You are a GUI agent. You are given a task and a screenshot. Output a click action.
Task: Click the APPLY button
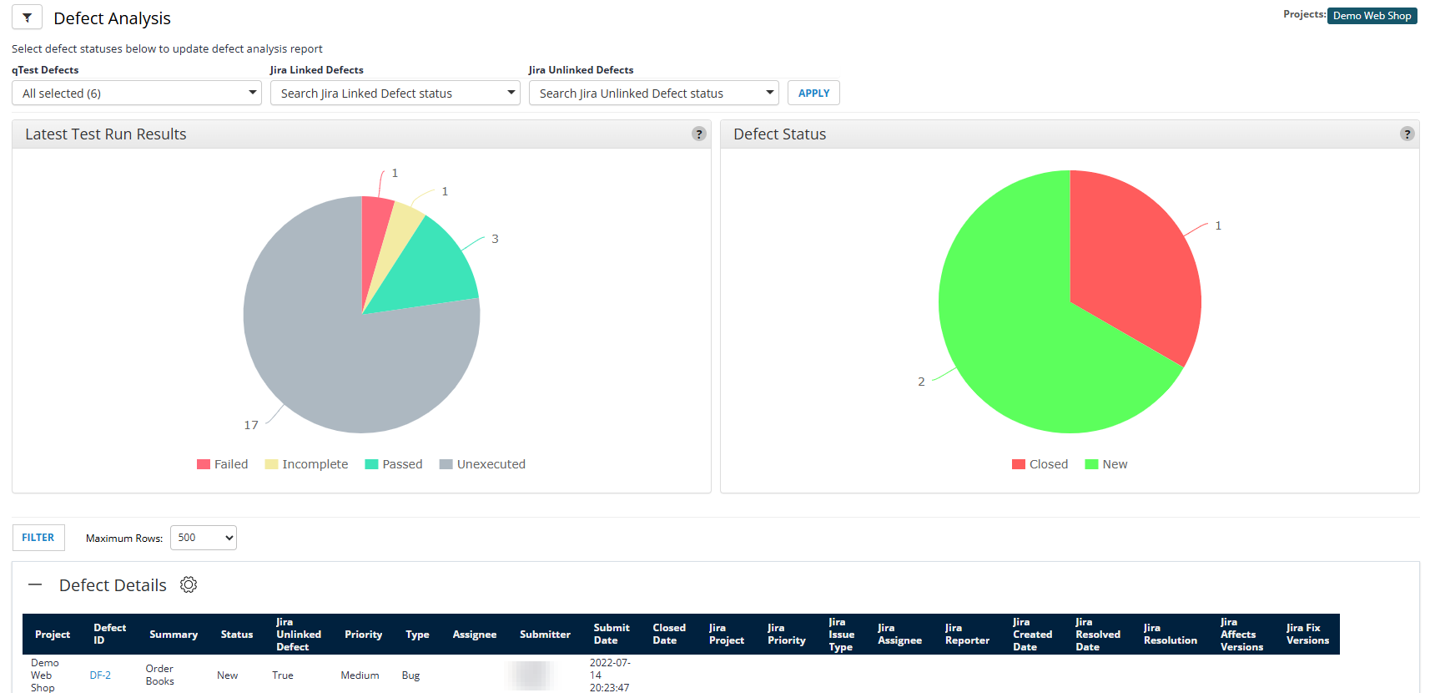tap(813, 93)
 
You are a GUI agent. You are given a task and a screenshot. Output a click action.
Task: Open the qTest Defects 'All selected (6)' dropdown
tap(137, 93)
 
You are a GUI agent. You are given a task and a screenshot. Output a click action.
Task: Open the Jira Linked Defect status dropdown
tap(395, 93)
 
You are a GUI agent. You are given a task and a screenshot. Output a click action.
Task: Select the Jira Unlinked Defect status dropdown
tap(653, 93)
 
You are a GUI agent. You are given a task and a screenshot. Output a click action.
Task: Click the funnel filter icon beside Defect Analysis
tap(27, 18)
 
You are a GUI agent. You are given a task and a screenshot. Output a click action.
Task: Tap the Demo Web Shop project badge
tap(1372, 16)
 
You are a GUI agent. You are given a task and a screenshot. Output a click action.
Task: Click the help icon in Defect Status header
tap(1407, 134)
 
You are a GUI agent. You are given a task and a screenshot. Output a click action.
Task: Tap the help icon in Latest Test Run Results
tap(699, 134)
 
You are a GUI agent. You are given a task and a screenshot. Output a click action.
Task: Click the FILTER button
tap(38, 538)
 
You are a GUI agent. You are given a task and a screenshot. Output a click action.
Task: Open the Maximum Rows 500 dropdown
tap(203, 538)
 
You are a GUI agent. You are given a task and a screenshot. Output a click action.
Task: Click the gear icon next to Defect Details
tap(189, 584)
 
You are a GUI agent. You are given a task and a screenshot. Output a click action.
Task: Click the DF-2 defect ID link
tap(100, 675)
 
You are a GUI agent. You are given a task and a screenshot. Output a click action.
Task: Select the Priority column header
tap(363, 635)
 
